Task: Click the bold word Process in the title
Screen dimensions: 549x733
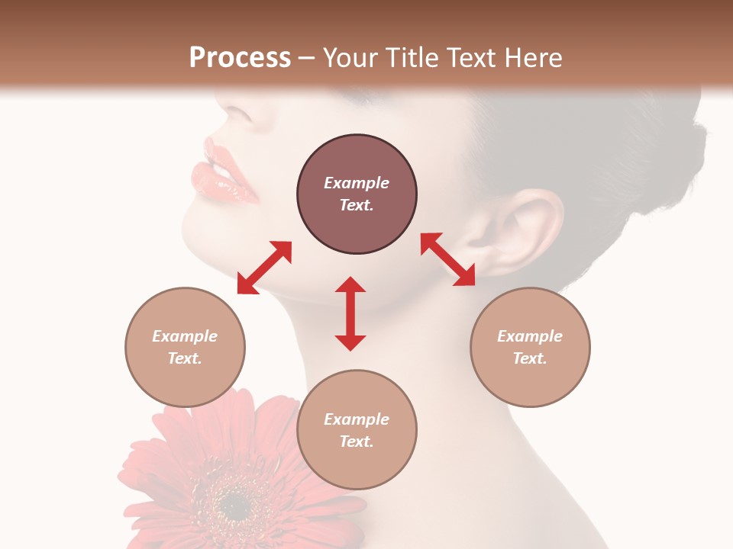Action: click(x=240, y=57)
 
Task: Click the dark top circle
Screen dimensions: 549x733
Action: click(x=357, y=194)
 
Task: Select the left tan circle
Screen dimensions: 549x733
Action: click(x=185, y=347)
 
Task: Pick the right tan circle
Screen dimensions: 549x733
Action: click(x=530, y=347)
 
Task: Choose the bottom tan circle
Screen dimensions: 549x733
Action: click(x=357, y=430)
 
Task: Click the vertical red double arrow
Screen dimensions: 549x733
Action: click(x=350, y=313)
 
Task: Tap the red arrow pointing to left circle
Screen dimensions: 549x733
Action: click(x=264, y=267)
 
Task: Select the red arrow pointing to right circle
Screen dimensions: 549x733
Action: click(x=448, y=259)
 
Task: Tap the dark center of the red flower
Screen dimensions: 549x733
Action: click(x=237, y=499)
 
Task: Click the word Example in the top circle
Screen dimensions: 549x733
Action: click(x=357, y=183)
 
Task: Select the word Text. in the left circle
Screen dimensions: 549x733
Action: click(x=185, y=358)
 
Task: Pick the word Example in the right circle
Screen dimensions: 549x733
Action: click(x=530, y=336)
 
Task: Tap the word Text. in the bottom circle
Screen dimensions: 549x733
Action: click(x=357, y=441)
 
